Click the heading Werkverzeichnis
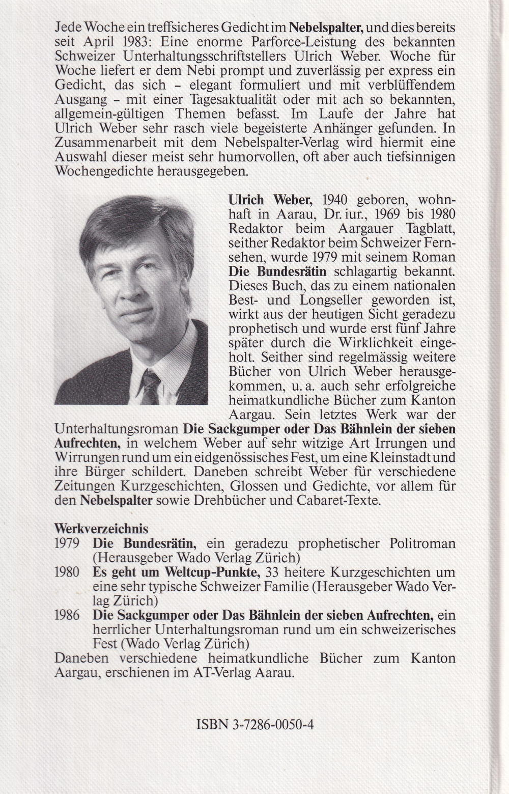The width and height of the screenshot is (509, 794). (101, 529)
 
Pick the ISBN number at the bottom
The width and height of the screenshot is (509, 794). (254, 724)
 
